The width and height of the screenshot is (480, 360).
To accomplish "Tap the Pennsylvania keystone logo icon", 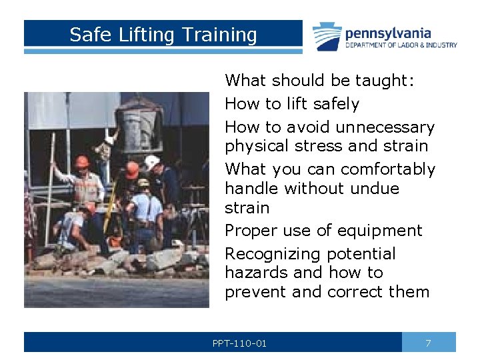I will (x=327, y=36).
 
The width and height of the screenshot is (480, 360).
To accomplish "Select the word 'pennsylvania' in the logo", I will (x=387, y=33).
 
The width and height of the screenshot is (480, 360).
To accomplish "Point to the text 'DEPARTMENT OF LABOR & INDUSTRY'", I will (x=401, y=45).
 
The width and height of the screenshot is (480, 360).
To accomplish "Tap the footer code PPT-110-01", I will (x=239, y=343).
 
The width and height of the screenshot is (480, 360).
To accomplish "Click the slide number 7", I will (x=428, y=343).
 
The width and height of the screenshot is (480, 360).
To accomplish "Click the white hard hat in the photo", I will (x=152, y=161).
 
